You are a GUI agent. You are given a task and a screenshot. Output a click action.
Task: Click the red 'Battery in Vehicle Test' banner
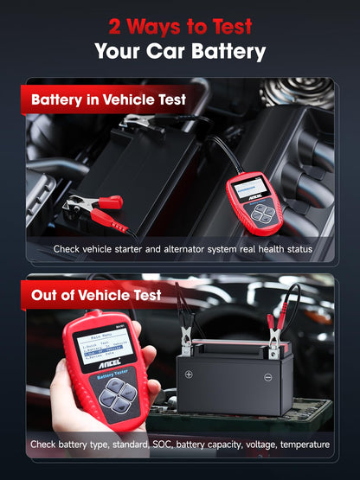(107, 99)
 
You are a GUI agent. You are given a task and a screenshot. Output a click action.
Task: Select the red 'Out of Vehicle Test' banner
(95, 295)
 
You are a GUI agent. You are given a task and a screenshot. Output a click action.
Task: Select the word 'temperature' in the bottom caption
(300, 445)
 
